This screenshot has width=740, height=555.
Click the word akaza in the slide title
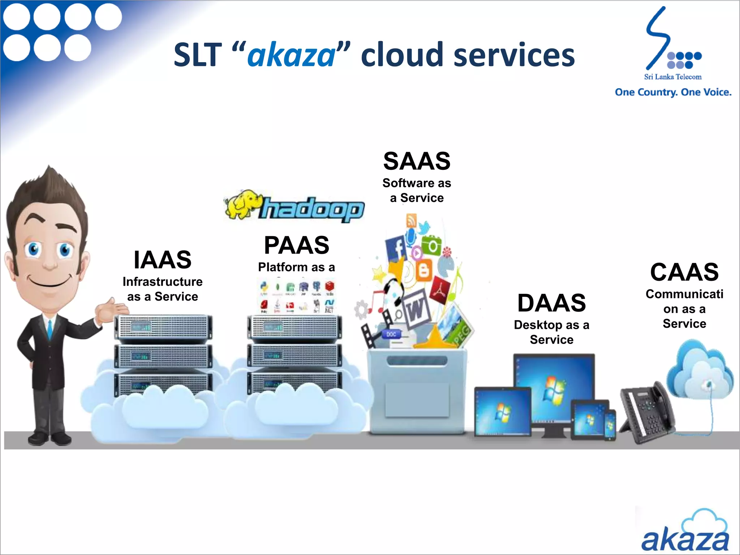291,55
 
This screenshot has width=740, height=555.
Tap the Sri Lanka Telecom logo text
673,77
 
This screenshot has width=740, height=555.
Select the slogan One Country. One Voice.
673,92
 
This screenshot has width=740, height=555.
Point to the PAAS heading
296,245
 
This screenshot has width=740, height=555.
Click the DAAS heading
551,303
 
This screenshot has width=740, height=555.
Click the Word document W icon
416,309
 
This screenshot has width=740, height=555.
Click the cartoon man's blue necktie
50,329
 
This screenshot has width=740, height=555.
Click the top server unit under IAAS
163,327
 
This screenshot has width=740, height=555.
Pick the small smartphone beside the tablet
610,425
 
